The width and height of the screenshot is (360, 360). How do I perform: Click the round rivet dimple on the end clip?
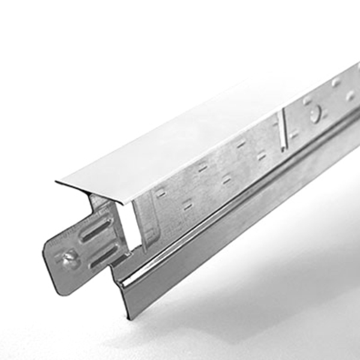67,259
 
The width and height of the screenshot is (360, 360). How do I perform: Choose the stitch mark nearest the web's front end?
161,193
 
